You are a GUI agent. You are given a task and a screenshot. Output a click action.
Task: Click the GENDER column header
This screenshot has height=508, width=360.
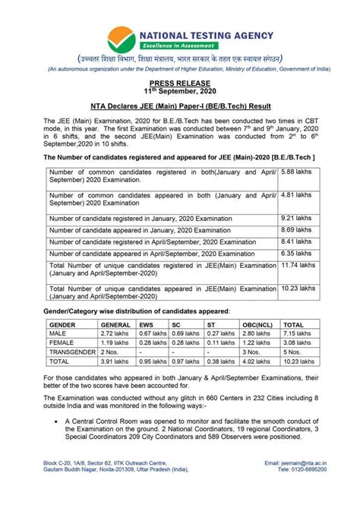point(65,324)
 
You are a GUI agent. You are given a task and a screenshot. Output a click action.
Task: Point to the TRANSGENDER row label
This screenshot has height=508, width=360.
point(73,352)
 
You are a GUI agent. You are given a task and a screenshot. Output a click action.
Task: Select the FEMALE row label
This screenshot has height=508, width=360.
point(63,343)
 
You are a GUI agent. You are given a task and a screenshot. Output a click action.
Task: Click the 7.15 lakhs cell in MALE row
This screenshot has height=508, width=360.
point(297,334)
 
